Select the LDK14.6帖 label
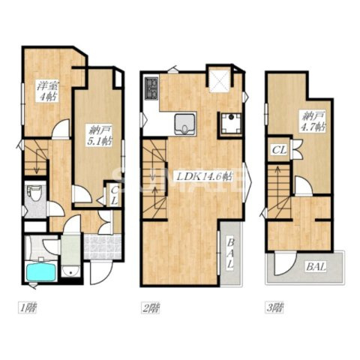pos(203,177)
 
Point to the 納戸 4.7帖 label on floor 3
pos(313,121)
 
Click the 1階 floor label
pos(27,307)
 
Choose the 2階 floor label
pos(151,307)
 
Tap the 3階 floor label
pos(274,307)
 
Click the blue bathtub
pos(40,272)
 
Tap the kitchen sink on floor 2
pos(185,124)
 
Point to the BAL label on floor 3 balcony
pos(316,267)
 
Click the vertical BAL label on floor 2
pos(231,253)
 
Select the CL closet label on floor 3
pos(279,150)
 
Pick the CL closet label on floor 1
pos(114,196)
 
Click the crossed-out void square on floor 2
pos(220,79)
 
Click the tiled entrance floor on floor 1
pos(102,247)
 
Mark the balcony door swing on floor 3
pos(285,263)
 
